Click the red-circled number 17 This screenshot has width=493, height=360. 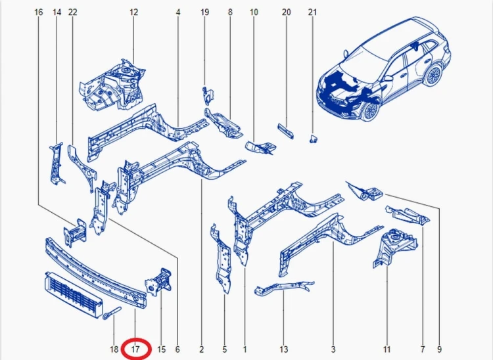pyautogui.click(x=135, y=349)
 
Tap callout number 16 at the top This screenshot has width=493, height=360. pyautogui.click(x=38, y=12)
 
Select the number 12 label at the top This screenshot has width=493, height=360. pyautogui.click(x=133, y=12)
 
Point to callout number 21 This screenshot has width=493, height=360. pyautogui.click(x=312, y=12)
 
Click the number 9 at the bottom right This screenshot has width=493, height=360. pyautogui.click(x=439, y=349)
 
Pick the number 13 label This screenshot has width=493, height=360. pyautogui.click(x=283, y=349)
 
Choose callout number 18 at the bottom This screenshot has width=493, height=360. pyautogui.click(x=114, y=349)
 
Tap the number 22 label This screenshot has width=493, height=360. pyautogui.click(x=72, y=12)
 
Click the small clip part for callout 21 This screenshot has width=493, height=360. pyautogui.click(x=313, y=139)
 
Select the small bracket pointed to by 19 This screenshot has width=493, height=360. pyautogui.click(x=208, y=95)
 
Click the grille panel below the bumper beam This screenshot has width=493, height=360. pyautogui.click(x=73, y=295)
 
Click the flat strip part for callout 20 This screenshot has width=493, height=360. pyautogui.click(x=285, y=131)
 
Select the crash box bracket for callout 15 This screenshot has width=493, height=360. pyautogui.click(x=158, y=282)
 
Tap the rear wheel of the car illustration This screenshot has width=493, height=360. pyautogui.click(x=433, y=75)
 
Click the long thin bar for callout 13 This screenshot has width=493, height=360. pyautogui.click(x=283, y=288)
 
